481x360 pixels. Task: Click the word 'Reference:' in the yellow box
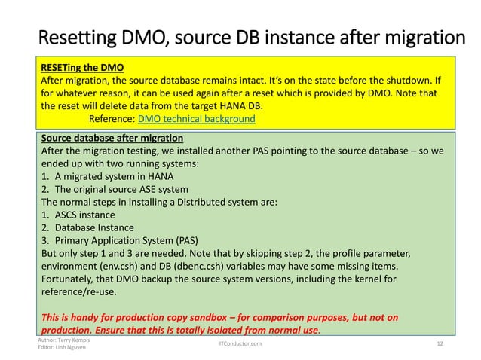click(111, 119)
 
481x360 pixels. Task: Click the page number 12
click(441, 343)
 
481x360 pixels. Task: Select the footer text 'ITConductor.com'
click(240, 343)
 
